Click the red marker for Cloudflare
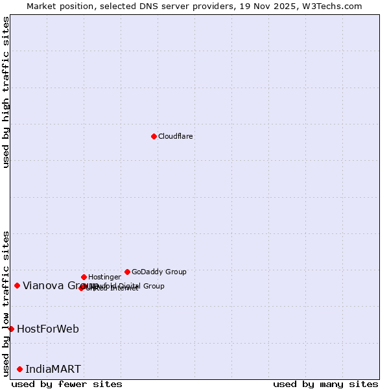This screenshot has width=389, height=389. coord(154,136)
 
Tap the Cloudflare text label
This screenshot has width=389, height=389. coord(176,137)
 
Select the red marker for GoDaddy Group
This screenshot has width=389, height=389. coord(127,272)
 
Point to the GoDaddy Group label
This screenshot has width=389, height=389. coord(159,272)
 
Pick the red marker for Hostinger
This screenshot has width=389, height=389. coord(84,277)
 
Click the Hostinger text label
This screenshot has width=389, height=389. coord(104,277)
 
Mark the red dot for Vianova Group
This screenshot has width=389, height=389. coord(17,285)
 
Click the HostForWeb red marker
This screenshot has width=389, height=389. coord(11,329)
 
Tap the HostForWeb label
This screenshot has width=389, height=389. coord(48,329)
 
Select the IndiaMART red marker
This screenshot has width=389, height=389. coord(19,369)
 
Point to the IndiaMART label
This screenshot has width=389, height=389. coord(53,370)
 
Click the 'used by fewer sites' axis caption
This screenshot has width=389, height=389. coord(67,384)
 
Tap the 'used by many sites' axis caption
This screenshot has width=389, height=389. coord(325,384)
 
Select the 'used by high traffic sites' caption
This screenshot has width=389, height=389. coord(6,92)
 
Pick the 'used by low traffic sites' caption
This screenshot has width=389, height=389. coord(6,303)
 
